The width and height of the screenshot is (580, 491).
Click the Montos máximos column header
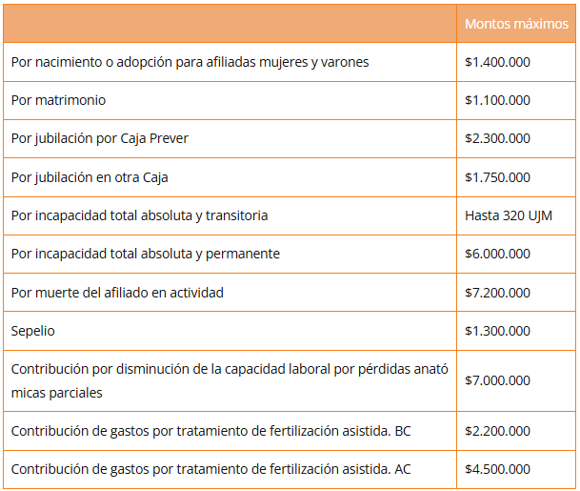click(x=515, y=24)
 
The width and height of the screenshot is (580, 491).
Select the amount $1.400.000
click(x=497, y=62)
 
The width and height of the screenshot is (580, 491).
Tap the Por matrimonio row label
click(x=59, y=100)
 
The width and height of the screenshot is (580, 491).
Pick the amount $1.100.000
click(x=497, y=100)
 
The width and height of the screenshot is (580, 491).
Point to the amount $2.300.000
click(x=497, y=138)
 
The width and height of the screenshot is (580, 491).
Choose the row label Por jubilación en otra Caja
click(x=90, y=177)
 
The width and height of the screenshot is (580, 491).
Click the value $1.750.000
click(x=497, y=177)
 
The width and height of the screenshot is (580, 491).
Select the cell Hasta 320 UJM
click(x=509, y=215)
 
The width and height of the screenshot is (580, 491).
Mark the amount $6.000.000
click(x=497, y=254)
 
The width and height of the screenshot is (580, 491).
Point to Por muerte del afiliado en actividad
click(x=117, y=293)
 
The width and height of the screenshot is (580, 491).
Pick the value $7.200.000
click(x=497, y=293)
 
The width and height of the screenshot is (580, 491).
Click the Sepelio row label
click(x=33, y=331)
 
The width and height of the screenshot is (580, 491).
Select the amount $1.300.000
click(x=497, y=331)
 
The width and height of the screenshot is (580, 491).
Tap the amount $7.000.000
click(x=497, y=380)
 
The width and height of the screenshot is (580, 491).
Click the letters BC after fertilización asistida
click(x=402, y=431)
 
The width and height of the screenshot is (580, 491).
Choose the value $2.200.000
click(x=497, y=431)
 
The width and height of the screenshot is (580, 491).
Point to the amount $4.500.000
click(x=497, y=469)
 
